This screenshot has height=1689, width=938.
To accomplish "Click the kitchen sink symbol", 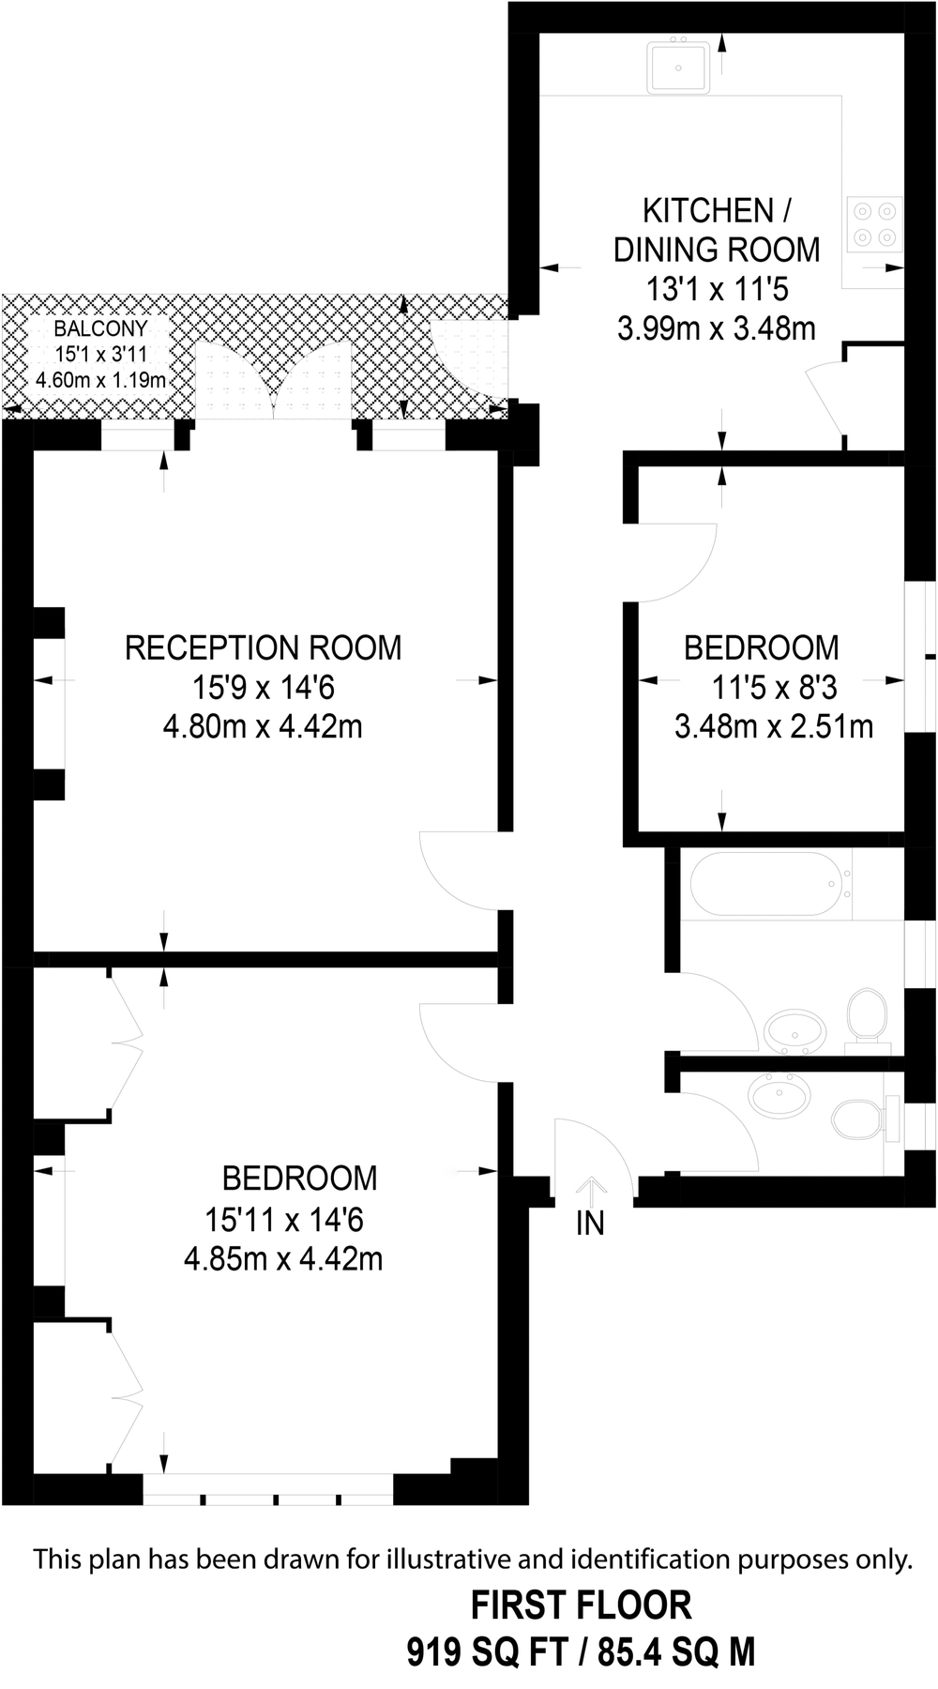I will (678, 67).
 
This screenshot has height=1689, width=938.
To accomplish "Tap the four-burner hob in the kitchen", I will (874, 224).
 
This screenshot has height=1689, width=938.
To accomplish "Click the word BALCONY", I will (100, 328).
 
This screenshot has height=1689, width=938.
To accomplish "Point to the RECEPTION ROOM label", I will (263, 647).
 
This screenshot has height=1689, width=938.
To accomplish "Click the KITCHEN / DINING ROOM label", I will (717, 230).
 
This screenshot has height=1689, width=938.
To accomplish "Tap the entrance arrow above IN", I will (591, 1191).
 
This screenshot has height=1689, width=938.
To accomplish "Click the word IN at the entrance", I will (590, 1224).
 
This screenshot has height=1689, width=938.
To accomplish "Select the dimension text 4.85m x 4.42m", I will (283, 1258).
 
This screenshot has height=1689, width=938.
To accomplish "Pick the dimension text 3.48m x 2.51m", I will (774, 726).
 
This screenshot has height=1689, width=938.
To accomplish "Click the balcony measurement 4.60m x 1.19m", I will (100, 380).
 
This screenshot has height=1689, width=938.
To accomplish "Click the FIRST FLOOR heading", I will (581, 1605).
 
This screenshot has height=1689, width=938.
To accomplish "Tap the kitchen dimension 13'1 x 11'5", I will (717, 288).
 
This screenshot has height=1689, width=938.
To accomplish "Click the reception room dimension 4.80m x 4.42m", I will (263, 726).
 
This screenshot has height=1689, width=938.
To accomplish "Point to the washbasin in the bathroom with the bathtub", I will (795, 1032).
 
